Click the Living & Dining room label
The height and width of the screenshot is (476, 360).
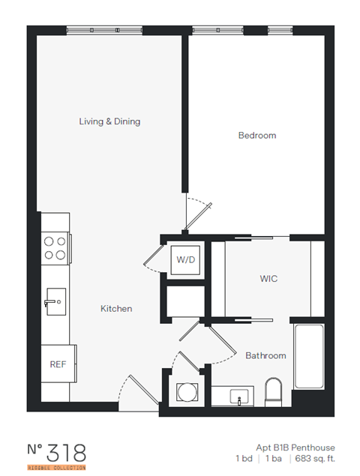(109, 121)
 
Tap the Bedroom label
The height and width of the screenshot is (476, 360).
(256, 136)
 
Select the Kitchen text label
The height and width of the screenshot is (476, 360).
(116, 308)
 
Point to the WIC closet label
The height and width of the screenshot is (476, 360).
(268, 279)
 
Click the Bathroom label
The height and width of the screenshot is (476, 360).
(265, 355)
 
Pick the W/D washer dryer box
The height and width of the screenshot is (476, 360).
(185, 261)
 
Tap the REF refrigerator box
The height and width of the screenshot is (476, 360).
(58, 364)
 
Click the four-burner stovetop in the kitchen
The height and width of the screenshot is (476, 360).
(55, 248)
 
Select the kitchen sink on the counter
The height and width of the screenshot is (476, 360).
(54, 302)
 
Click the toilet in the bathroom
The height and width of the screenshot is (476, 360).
(274, 392)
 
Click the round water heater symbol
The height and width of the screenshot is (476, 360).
(184, 392)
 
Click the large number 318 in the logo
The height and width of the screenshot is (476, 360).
(67, 452)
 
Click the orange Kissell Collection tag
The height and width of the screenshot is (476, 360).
(57, 467)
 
